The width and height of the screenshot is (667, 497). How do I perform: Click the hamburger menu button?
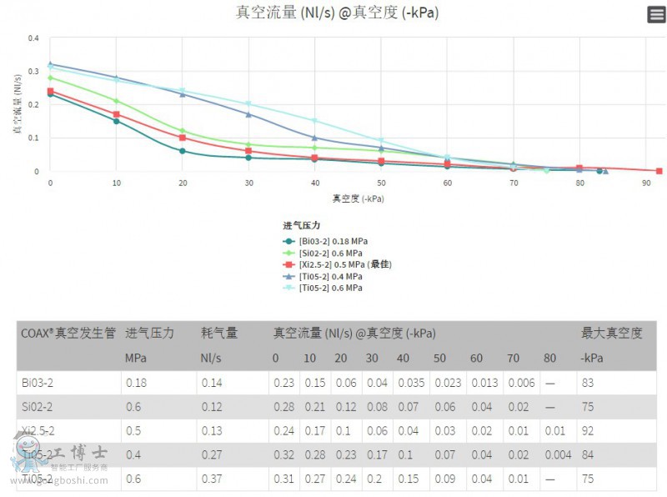coord(655,14)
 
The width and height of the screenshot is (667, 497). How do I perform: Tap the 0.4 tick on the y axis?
coord(33,38)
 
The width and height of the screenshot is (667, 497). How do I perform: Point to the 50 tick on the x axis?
coord(381,183)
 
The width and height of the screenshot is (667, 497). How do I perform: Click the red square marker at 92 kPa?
coord(659,171)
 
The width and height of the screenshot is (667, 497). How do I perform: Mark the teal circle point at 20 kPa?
coord(182,151)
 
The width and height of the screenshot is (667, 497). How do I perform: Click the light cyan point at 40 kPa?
coord(314,121)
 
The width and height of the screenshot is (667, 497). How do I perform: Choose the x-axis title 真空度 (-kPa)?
coord(358,198)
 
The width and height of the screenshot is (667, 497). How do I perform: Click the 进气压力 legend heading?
coord(302,225)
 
